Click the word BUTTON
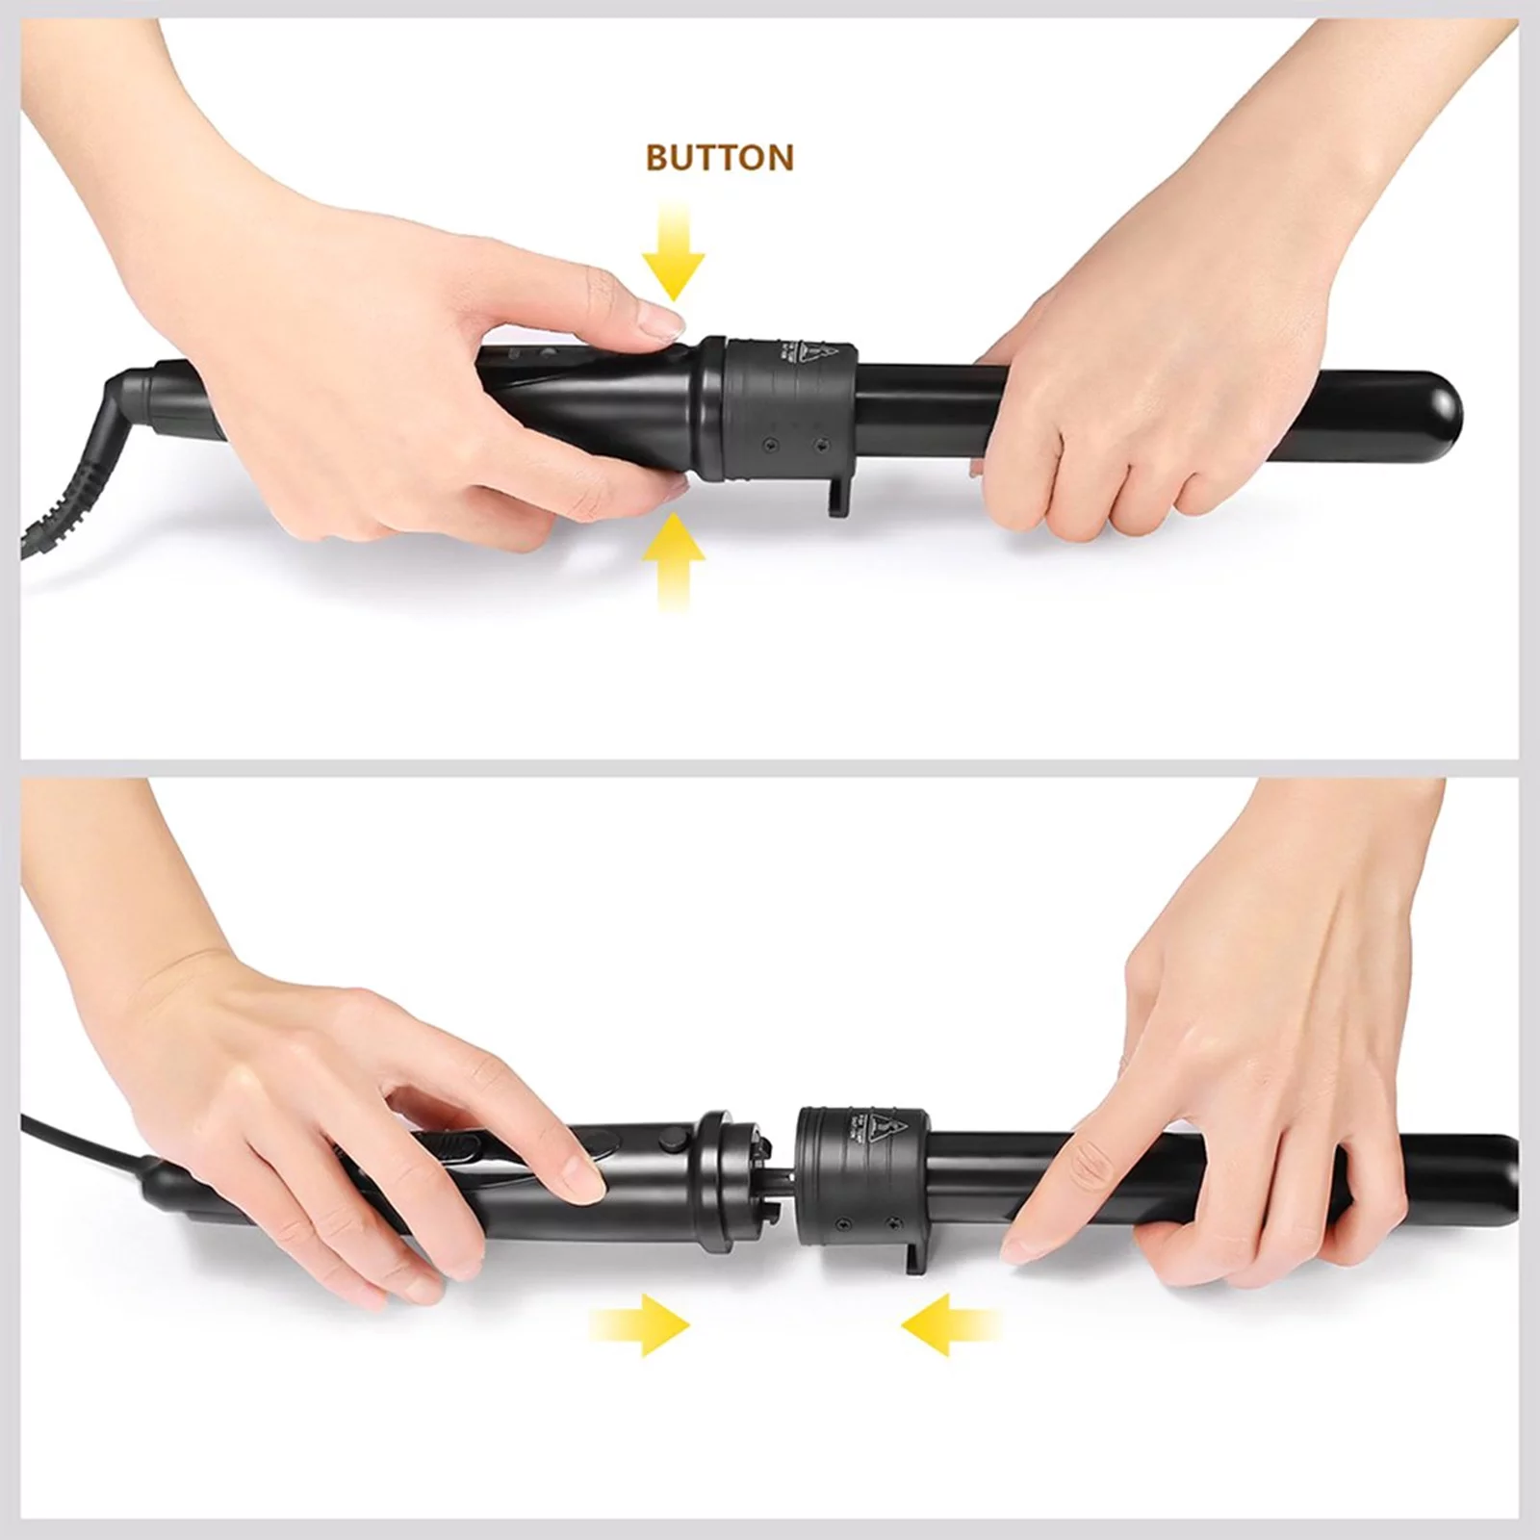coord(719,157)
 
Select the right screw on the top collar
coord(821,444)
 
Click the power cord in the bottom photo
coord(77,1136)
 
